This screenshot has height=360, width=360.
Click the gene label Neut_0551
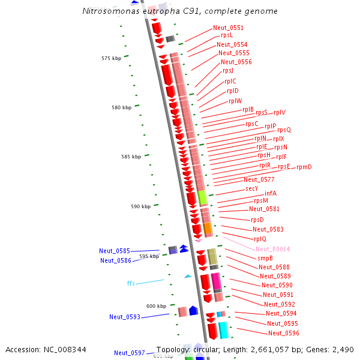(228, 28)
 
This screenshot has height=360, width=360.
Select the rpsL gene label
(226, 35)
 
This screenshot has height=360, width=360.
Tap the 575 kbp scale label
(111, 58)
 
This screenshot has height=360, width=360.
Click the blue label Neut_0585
(115, 251)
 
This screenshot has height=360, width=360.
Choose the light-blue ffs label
(131, 283)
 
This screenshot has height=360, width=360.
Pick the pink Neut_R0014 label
(272, 249)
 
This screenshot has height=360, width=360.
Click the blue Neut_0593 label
(124, 317)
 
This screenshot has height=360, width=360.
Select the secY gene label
(251, 188)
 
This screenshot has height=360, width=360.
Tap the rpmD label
(304, 167)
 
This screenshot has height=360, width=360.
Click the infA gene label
(271, 193)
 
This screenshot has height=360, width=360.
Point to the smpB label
(265, 258)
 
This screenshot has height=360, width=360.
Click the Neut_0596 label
(283, 333)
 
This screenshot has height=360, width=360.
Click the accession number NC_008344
(46, 349)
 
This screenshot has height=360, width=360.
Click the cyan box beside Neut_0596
(223, 329)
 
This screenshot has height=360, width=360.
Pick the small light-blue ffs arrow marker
(188, 276)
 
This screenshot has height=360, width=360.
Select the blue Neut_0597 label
(130, 353)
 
